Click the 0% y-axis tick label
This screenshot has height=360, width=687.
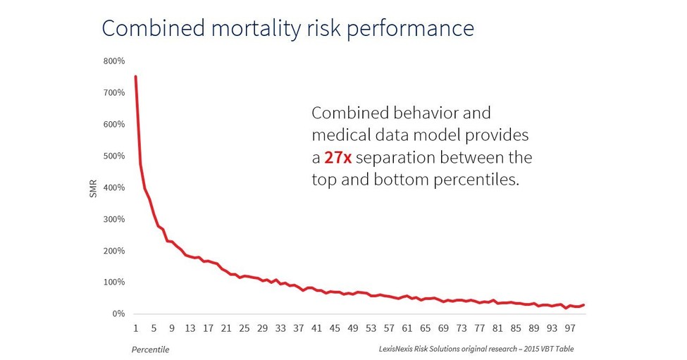point(119,314)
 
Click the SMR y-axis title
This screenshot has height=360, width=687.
point(93,188)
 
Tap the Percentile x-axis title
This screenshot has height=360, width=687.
point(150,349)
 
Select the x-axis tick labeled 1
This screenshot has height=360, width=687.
point(135,328)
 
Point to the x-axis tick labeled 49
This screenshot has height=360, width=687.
point(353,328)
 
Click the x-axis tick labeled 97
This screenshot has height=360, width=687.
point(569,328)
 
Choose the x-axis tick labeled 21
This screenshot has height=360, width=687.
point(226,328)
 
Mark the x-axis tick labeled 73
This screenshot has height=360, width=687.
point(462,328)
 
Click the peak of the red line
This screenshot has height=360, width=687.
point(135,76)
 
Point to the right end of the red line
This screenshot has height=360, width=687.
point(583,304)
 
